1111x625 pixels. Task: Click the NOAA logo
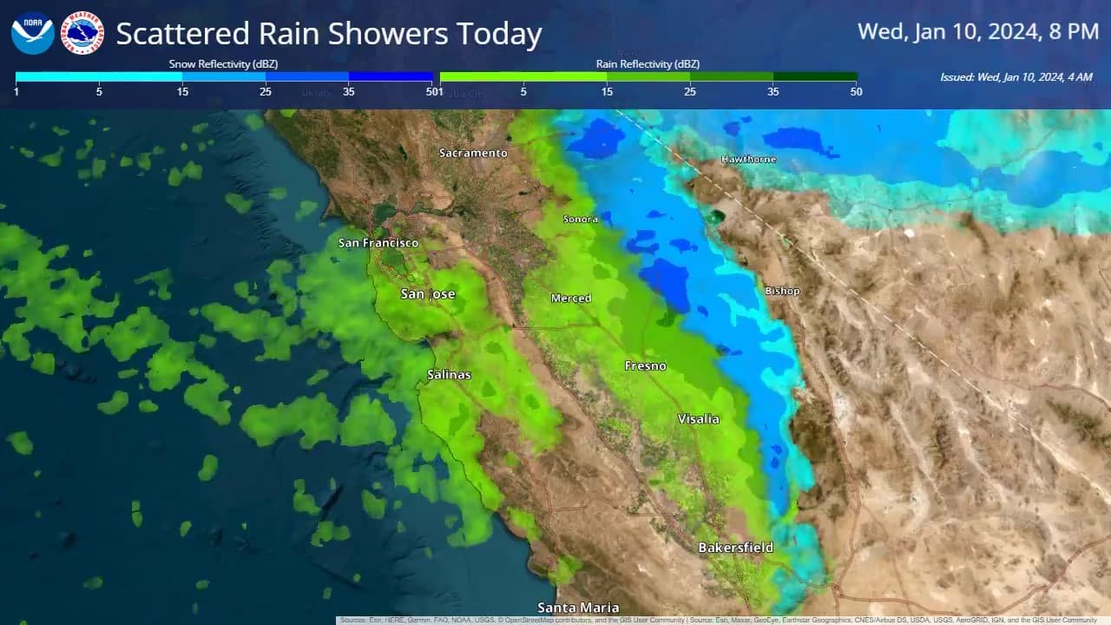pos(33,33)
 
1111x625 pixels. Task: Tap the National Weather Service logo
pos(82,33)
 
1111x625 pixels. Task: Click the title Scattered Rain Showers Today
pos(329,35)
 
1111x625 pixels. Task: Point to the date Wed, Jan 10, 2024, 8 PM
pos(978,32)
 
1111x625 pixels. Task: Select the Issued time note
pos(1016,77)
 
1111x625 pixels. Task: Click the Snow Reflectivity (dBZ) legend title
pos(223,64)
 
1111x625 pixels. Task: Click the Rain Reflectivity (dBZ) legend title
pos(648,64)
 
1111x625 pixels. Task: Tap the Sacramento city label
pos(473,154)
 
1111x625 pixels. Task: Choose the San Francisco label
pos(378,243)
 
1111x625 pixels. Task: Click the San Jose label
pos(428,294)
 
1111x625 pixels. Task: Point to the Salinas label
pos(450,375)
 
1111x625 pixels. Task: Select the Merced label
pos(571,299)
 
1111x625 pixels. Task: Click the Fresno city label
pos(646,366)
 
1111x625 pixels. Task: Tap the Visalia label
pos(699,419)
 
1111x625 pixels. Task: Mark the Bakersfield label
pos(735,548)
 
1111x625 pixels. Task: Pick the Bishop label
pos(782,291)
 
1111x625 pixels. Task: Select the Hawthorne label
pos(749,160)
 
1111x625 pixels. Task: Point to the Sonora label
pos(581,220)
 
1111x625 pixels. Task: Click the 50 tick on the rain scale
pos(856,92)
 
